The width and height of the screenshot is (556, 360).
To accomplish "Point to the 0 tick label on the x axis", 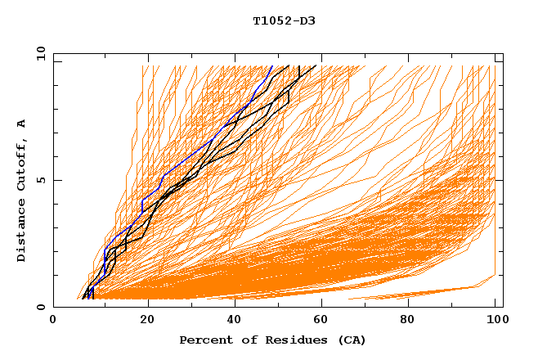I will click(53, 321).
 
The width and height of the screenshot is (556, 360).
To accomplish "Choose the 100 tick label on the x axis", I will click(495, 321).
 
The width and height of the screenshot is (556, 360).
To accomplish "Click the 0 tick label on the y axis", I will click(41, 308).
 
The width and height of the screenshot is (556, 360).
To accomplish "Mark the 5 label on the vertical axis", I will click(41, 180).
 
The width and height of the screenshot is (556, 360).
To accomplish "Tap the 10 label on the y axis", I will click(38, 52).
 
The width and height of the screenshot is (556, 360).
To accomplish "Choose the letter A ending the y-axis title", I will click(22, 123).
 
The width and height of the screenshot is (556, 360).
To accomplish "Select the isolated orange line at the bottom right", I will click(425, 292).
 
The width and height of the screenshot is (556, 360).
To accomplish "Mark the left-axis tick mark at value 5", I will click(56, 180).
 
